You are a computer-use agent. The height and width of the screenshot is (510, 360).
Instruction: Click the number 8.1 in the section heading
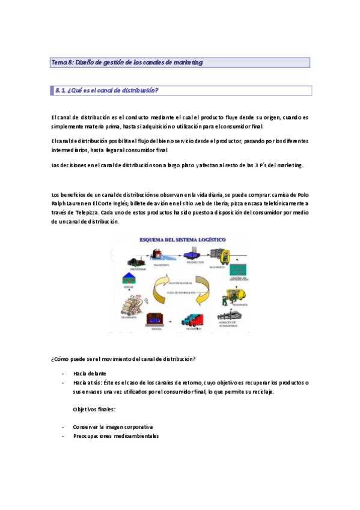coord(59,91)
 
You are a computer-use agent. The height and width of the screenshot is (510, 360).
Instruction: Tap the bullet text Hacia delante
coord(90,373)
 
